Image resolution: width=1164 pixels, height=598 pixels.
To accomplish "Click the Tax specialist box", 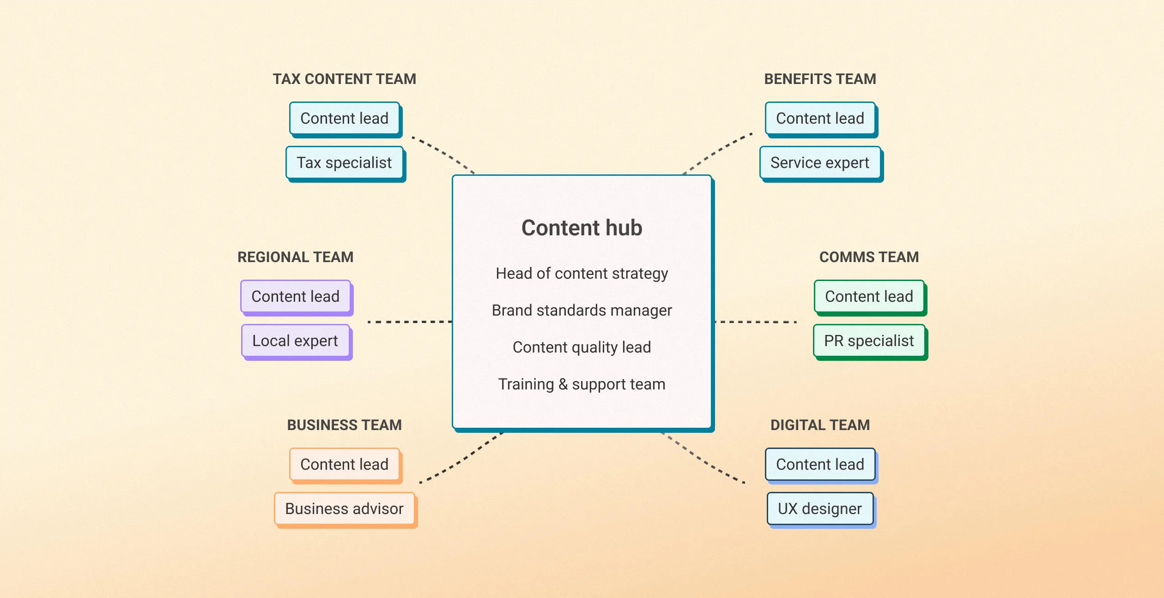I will coord(344,163).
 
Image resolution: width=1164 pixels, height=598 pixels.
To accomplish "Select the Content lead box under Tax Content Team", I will coord(344,119).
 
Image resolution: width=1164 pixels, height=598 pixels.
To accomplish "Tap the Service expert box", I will coord(820,163).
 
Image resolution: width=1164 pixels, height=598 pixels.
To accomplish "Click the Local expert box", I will coord(295,341).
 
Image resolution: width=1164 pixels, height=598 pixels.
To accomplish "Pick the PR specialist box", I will coord(869,341).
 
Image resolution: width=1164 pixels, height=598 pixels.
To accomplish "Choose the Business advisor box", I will coord(344,509).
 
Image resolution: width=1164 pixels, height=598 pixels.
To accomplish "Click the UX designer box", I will coord(820,509).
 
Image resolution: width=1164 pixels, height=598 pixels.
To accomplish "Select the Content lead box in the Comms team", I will coord(869,297).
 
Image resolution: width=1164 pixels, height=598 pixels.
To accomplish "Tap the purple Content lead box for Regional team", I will coord(295,297).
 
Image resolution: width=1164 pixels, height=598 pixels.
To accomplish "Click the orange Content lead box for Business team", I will coord(344,465).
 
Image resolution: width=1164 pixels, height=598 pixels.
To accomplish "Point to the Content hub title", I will coord(582,228).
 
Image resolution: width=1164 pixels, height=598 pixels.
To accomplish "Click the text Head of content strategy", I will coord(582,274).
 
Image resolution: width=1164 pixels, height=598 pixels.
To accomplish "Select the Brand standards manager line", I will coord(582,311).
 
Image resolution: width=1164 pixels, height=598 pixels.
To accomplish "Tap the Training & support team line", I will coord(582,384).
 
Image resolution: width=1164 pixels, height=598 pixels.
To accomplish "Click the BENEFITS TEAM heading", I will coord(820,79).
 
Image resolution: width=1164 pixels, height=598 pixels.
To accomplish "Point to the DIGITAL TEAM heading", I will coord(820,425).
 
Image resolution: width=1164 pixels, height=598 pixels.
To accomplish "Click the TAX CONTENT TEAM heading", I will coord(344,79).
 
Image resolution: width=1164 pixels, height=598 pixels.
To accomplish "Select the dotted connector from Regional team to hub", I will coord(409,322).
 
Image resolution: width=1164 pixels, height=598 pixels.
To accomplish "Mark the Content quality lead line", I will coord(582,347).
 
